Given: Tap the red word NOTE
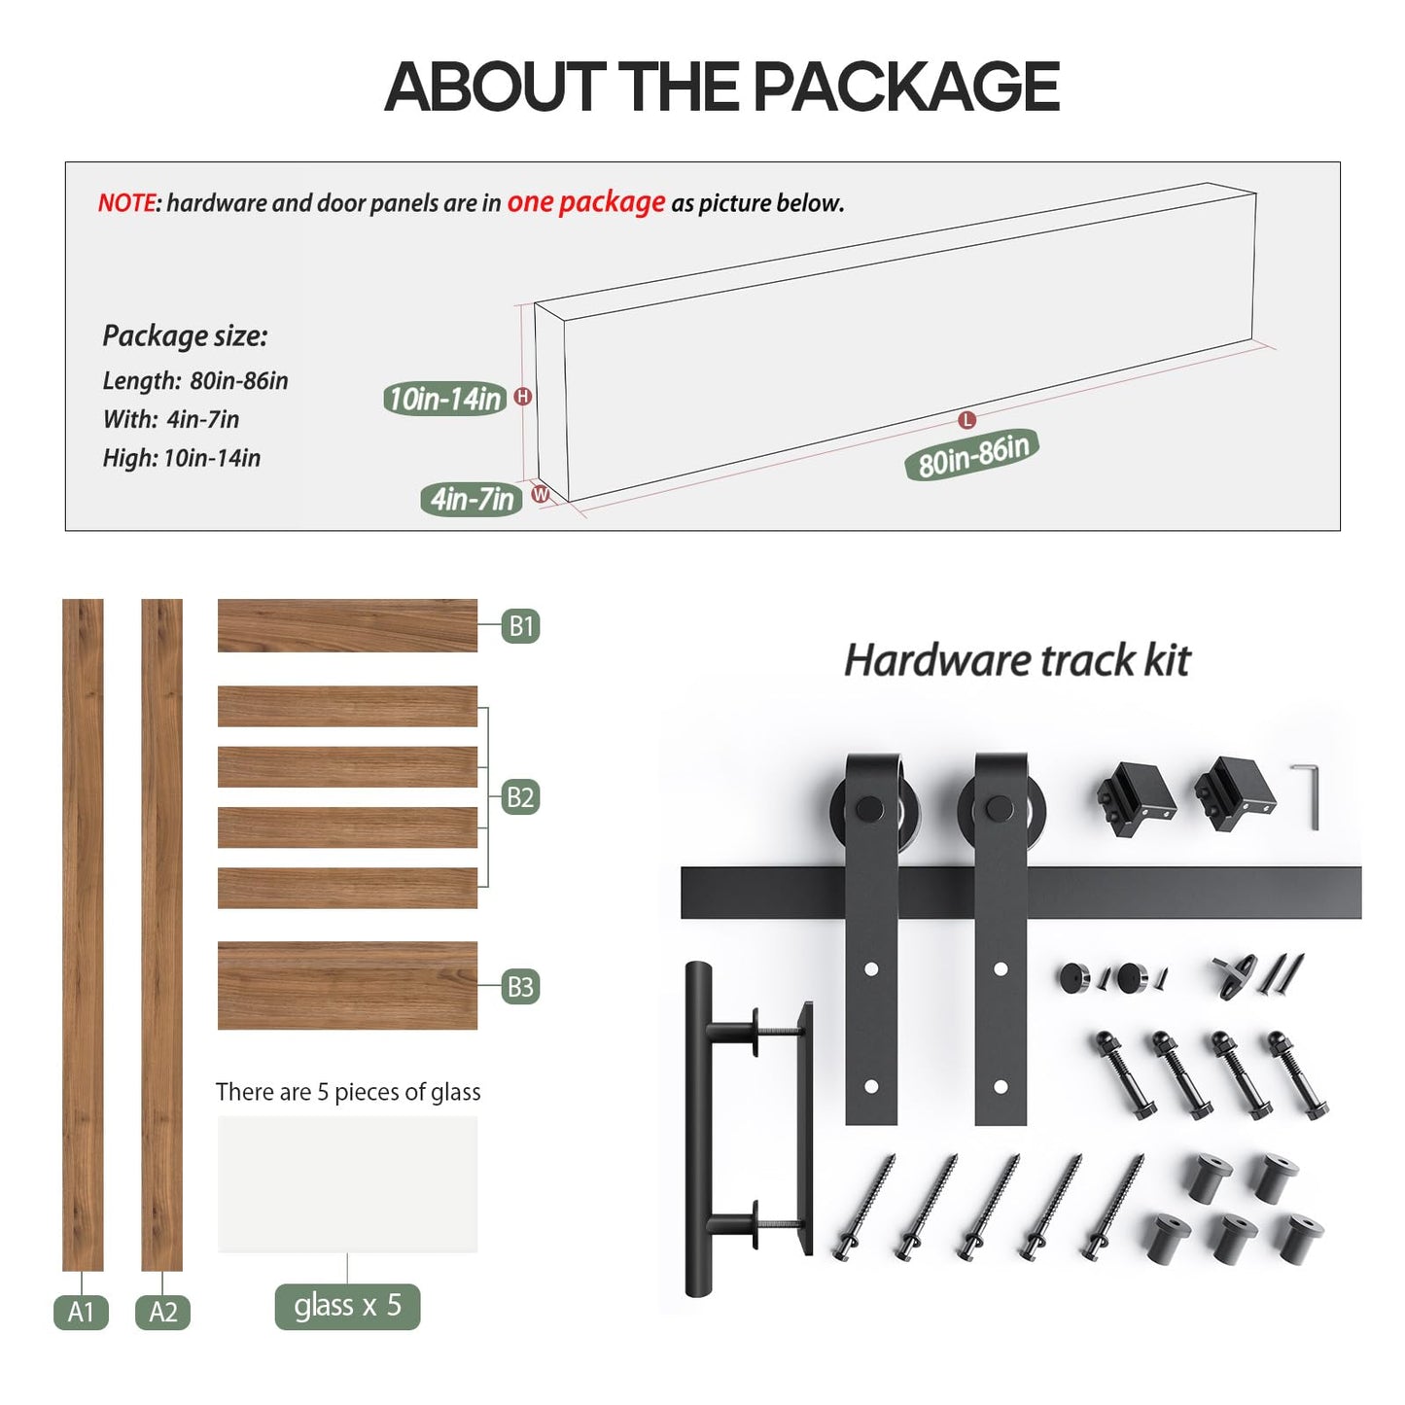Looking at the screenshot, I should (126, 203).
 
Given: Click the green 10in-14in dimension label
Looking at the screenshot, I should (444, 399).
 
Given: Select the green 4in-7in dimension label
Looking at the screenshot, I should (472, 499).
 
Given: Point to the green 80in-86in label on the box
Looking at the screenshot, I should (972, 454).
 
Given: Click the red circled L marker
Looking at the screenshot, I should (966, 420).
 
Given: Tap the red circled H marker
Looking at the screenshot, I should (523, 396).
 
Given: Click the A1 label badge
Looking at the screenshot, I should (81, 1312).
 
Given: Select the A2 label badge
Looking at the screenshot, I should (162, 1312).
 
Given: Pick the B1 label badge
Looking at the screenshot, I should (521, 626).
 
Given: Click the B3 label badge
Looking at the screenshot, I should (520, 987).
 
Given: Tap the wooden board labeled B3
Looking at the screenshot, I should (347, 985).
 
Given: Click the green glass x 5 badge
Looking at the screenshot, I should (347, 1305).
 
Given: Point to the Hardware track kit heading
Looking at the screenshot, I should (1016, 660).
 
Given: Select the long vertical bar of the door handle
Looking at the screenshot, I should (698, 1128).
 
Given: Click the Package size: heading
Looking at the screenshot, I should (185, 336).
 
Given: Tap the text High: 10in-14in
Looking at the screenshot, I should (182, 458).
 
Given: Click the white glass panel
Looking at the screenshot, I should (347, 1183).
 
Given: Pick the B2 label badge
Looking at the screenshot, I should (520, 797).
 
